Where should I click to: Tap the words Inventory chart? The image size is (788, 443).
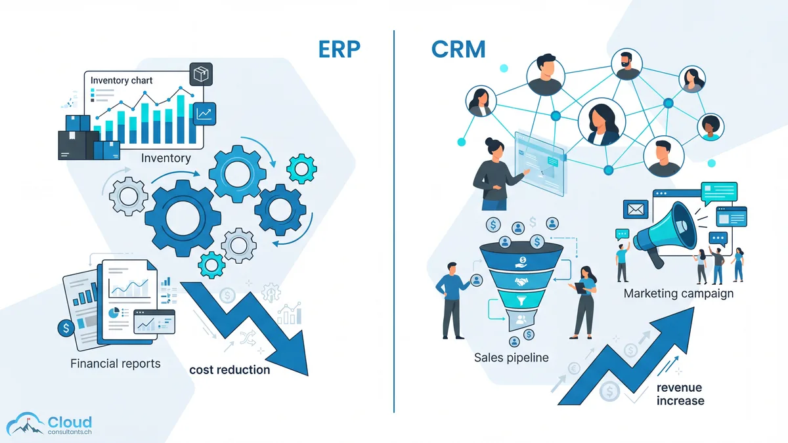121,81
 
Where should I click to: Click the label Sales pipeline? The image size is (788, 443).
511,357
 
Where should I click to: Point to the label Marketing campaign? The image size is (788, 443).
678,293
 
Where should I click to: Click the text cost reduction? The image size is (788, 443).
229,369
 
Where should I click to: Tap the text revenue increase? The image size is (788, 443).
680,394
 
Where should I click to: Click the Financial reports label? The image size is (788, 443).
115,363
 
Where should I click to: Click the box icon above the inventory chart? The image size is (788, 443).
201,74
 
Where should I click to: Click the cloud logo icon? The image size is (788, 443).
25,424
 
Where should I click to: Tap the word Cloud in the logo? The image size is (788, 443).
70,422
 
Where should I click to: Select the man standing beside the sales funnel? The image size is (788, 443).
452,299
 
